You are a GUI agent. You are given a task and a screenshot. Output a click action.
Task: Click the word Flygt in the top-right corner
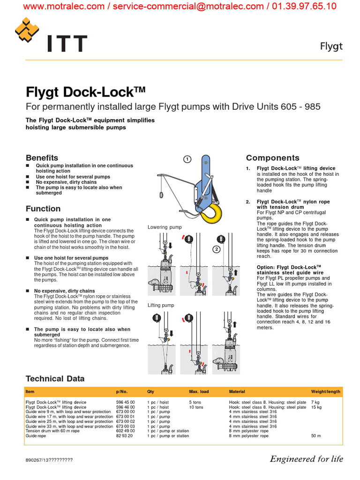click(331, 46)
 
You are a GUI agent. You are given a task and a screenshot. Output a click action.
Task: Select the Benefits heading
click(42, 158)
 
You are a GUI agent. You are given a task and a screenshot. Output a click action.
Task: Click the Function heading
click(43, 209)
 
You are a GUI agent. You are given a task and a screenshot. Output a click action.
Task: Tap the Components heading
click(273, 158)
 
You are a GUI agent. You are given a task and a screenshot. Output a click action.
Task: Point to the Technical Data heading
click(55, 379)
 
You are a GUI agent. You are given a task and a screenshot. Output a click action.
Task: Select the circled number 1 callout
click(187, 159)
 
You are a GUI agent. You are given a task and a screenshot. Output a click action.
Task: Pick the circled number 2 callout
click(217, 249)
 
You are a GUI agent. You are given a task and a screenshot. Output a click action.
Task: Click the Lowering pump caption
click(165, 227)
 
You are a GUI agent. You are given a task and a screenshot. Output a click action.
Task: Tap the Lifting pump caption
click(161, 305)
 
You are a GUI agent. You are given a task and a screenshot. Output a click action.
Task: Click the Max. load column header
click(199, 391)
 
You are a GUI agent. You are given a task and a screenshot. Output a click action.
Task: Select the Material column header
click(237, 391)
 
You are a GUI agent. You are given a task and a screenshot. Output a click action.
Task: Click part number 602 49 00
click(125, 431)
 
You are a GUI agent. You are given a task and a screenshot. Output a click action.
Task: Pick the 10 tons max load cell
click(196, 407)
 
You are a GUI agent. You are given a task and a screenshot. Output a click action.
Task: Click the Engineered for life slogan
click(306, 459)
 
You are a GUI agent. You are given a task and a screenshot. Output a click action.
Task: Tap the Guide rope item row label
click(36, 436)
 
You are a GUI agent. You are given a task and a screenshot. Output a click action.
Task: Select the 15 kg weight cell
click(316, 407)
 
